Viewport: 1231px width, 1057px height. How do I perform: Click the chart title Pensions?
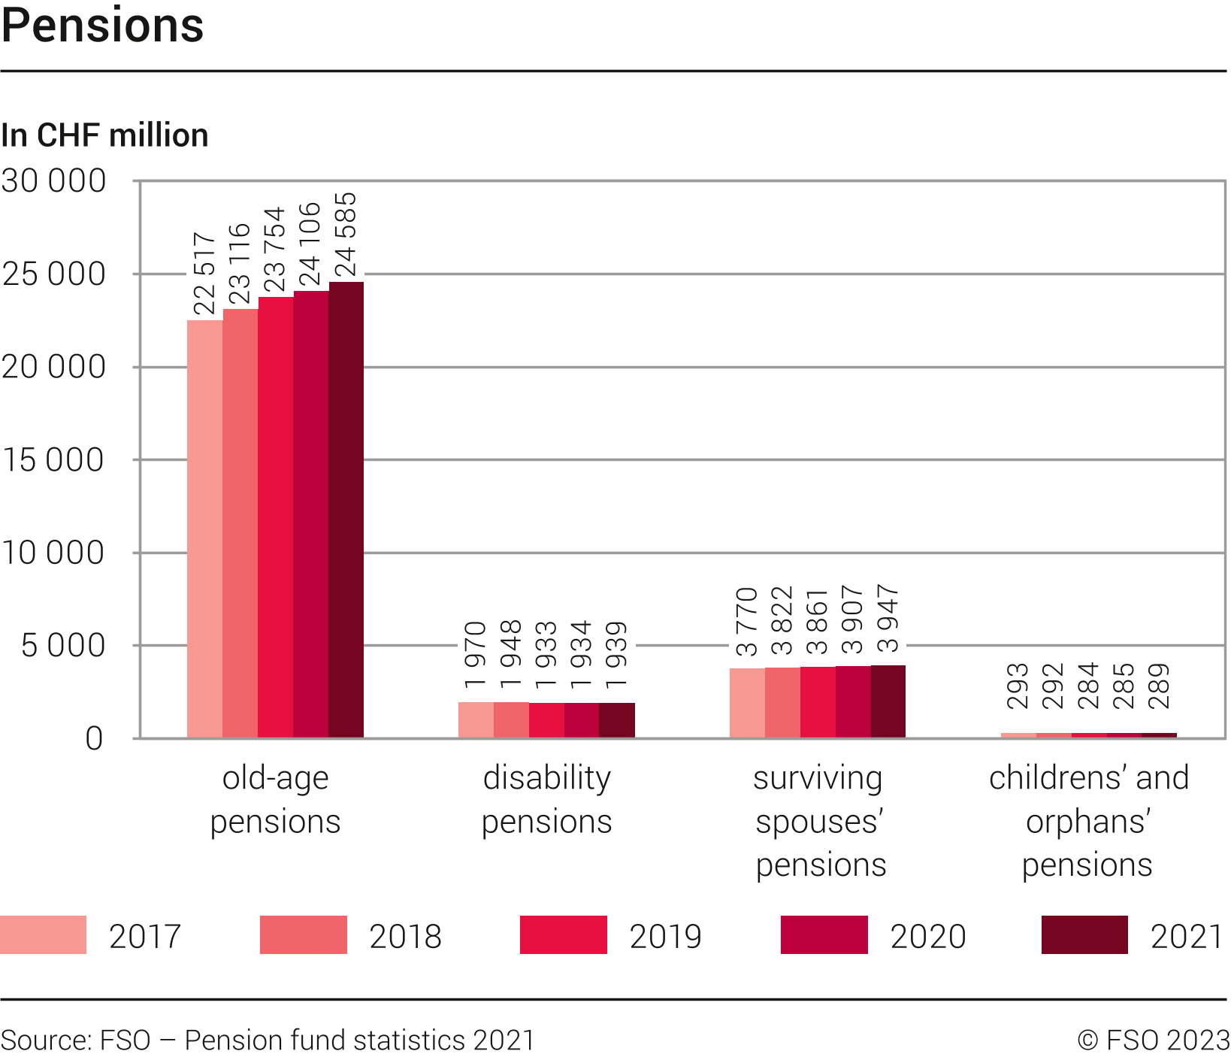pos(103,26)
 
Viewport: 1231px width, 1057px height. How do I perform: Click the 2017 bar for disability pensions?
pos(476,719)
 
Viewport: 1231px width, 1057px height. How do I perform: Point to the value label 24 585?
pos(345,235)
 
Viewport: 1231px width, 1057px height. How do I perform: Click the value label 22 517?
pos(204,274)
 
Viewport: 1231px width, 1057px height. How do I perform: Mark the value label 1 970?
pos(476,655)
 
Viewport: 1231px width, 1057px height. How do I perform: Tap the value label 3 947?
pos(888,619)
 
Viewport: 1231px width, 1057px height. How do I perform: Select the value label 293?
pos(1018,686)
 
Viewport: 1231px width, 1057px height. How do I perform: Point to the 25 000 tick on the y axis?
pos(54,274)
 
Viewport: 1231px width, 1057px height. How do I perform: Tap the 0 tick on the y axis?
pos(94,739)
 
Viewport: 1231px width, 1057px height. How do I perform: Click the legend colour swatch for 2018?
pos(303,934)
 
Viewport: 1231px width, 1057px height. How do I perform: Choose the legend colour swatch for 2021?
pos(1084,934)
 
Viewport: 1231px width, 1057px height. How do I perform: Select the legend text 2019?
pos(665,937)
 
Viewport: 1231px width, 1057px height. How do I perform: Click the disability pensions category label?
pos(547,799)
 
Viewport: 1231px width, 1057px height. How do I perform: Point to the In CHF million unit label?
pos(104,135)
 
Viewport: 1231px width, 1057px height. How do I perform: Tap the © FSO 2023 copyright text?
pos(1153,1040)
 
